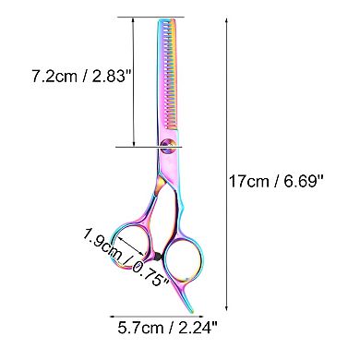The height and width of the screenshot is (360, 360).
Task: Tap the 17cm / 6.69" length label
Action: point(276,181)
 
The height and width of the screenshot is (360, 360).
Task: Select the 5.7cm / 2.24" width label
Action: point(168,328)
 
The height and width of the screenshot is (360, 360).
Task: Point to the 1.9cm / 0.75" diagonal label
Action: point(126,256)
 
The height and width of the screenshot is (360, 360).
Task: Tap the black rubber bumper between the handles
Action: point(157,256)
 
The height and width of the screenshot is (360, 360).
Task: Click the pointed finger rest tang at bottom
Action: point(190,306)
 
